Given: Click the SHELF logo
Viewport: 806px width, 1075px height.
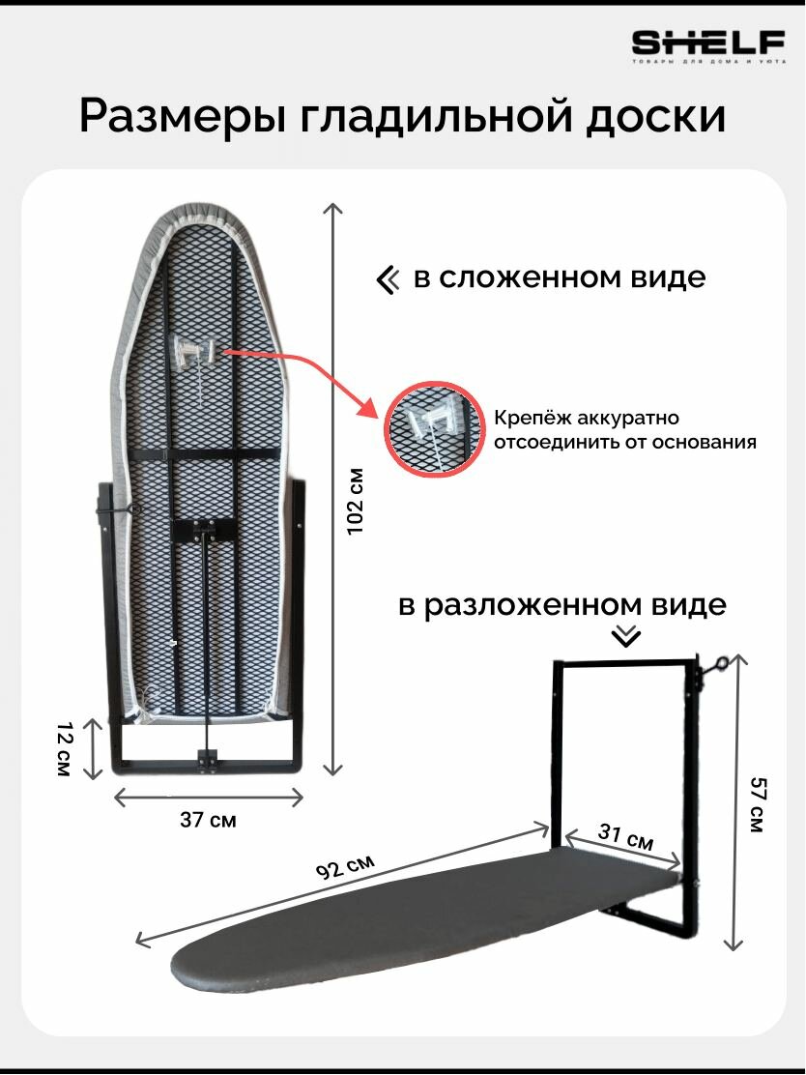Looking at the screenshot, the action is point(707,44).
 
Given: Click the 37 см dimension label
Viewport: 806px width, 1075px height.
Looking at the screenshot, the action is point(208,820).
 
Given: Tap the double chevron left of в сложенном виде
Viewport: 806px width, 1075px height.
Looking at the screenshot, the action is point(388,280).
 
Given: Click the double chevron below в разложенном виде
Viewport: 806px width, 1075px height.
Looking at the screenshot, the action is point(628,636).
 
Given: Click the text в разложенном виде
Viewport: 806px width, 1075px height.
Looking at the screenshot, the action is point(561,606).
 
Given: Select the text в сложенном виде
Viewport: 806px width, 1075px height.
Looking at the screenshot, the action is point(560,278).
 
